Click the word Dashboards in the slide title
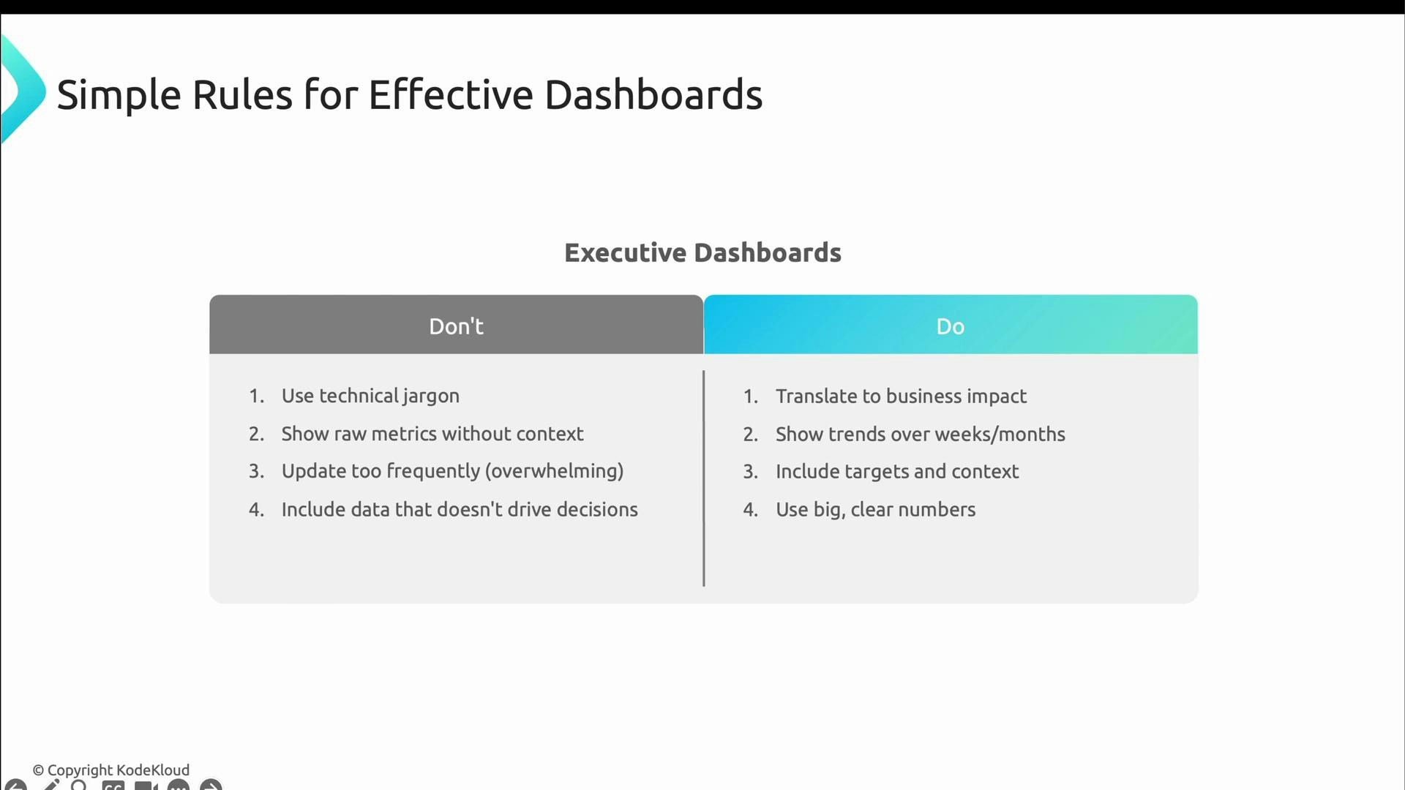coord(653,95)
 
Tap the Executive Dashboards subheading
coord(702,253)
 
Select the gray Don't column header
coord(456,326)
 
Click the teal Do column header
coord(950,326)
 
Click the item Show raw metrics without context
coord(432,434)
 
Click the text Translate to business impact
coord(900,396)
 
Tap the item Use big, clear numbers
coord(875,510)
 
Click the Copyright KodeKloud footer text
coord(111,770)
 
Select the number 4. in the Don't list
coord(256,510)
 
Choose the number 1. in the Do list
coord(750,396)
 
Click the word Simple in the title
coord(119,95)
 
